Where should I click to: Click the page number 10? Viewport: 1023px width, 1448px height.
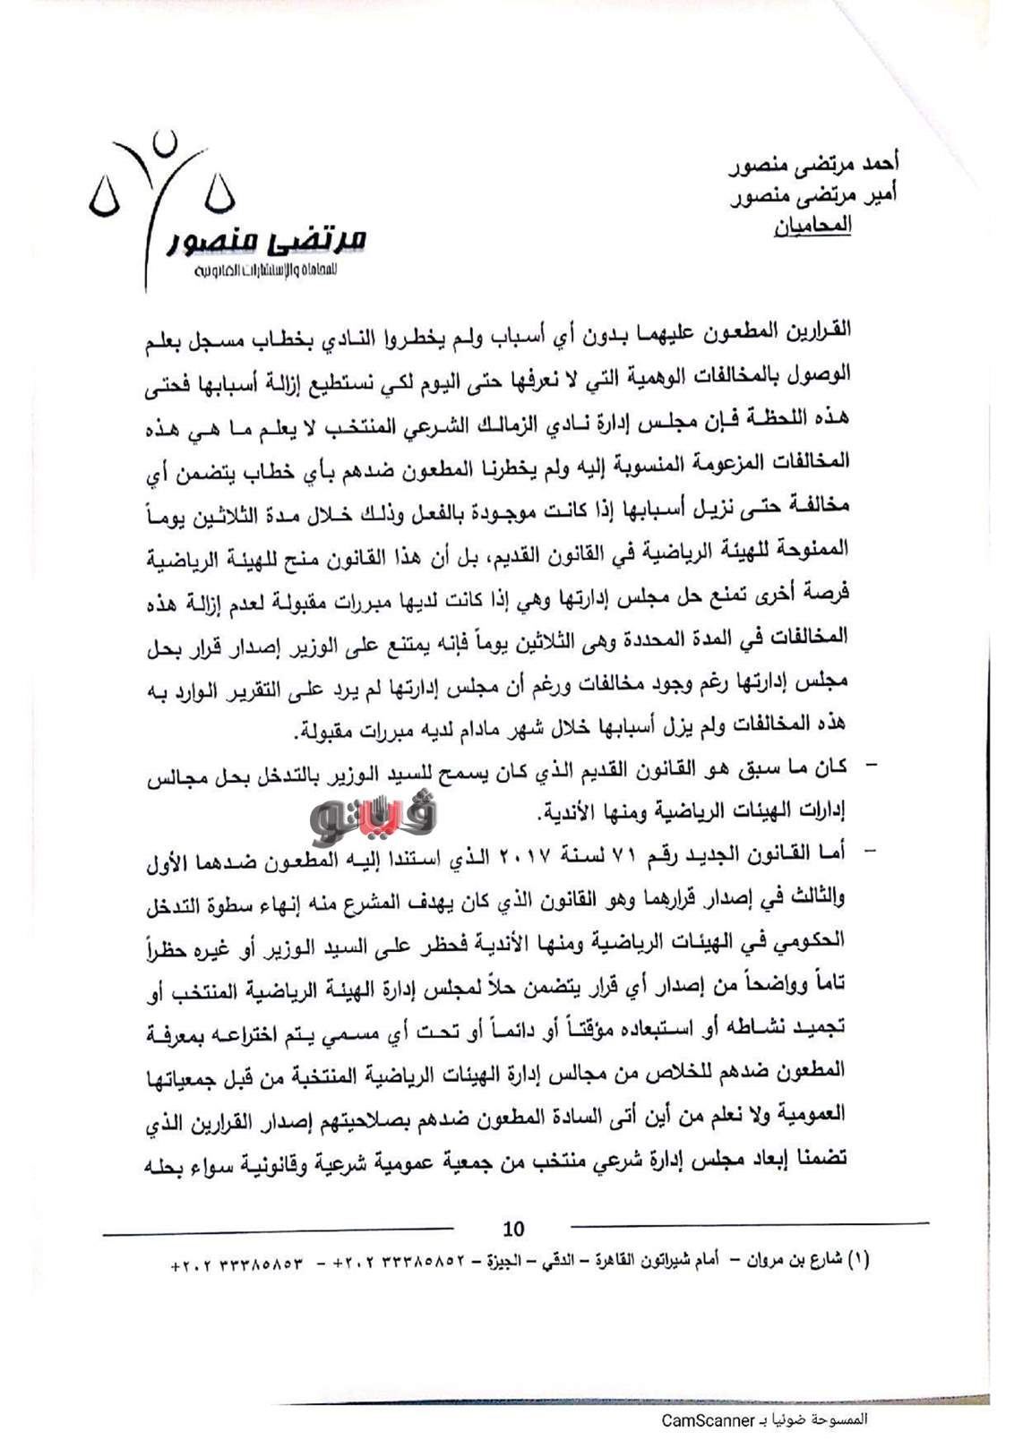(x=513, y=1229)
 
